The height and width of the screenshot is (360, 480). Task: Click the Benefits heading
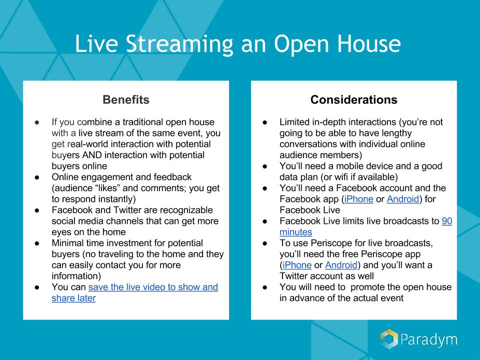click(126, 100)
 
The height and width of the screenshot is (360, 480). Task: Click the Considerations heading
click(354, 100)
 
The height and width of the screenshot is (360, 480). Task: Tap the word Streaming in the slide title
click(179, 44)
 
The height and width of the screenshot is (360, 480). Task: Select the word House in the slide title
click(369, 43)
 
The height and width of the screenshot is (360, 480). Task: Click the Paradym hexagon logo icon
click(389, 339)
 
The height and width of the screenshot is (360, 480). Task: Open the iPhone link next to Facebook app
click(359, 199)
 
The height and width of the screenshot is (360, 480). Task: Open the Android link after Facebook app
click(403, 199)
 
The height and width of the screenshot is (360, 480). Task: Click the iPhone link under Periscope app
click(297, 265)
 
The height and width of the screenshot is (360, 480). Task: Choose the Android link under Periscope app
click(341, 265)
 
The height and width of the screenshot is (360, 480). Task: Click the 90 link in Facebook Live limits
click(447, 221)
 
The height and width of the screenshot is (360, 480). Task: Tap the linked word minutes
click(295, 232)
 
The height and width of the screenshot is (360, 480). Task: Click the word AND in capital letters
click(92, 155)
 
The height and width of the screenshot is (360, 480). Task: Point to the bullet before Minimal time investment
click(37, 243)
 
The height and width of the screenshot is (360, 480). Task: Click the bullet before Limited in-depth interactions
click(265, 122)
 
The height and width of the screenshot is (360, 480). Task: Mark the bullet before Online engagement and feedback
click(37, 177)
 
